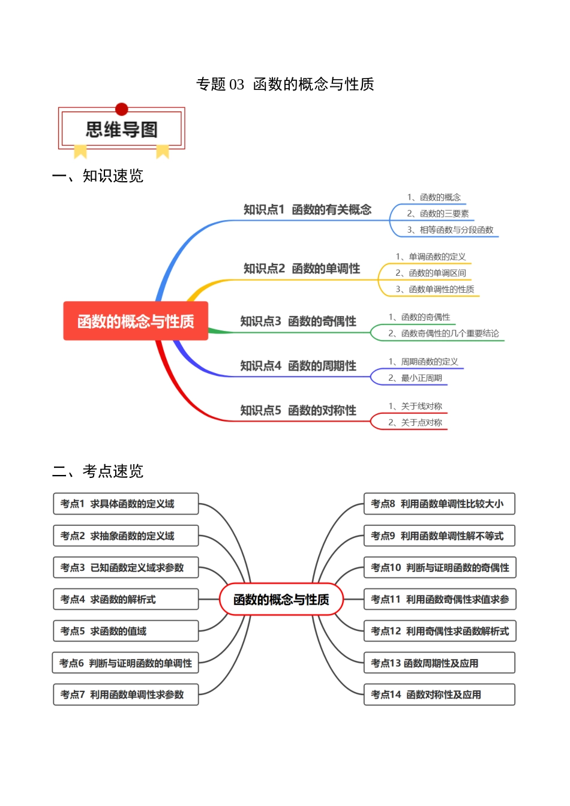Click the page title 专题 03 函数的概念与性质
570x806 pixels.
pyautogui.click(x=285, y=84)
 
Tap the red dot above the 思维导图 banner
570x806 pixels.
pyautogui.click(x=122, y=109)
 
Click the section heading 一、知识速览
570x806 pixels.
pyautogui.click(x=98, y=176)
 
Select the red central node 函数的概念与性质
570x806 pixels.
pyautogui.click(x=136, y=321)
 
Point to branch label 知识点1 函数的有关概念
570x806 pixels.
pyautogui.click(x=307, y=209)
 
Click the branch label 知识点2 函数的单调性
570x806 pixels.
pyautogui.click(x=301, y=269)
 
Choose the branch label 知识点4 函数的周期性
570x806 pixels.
pyautogui.click(x=298, y=366)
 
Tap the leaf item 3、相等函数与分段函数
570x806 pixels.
pyautogui.click(x=450, y=230)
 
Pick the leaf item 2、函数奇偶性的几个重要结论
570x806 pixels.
pyautogui.click(x=443, y=333)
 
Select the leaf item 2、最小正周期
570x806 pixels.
pyautogui.click(x=415, y=378)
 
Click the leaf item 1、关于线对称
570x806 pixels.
pyautogui.click(x=415, y=406)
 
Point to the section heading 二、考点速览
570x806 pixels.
pyautogui.click(x=98, y=471)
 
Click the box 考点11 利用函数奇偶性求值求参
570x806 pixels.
pyautogui.click(x=440, y=599)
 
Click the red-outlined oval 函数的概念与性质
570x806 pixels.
pyautogui.click(x=281, y=599)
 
